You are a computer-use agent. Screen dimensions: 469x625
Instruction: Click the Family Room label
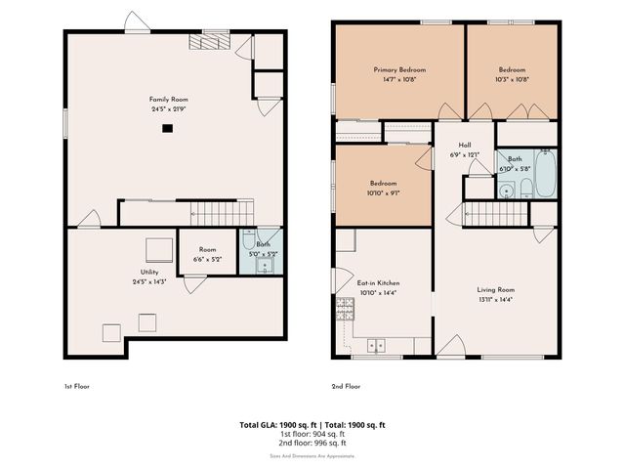coord(168,100)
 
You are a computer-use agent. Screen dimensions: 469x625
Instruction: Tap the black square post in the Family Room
coord(168,127)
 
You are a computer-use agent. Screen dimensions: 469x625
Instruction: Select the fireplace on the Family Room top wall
coord(211,40)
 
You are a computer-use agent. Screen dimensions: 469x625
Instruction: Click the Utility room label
coord(149,272)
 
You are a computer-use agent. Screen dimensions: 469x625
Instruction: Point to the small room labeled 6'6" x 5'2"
coord(201,253)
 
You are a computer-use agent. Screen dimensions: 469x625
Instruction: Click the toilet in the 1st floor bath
coord(249,239)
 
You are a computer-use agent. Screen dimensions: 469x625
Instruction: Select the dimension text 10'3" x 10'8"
coord(513,80)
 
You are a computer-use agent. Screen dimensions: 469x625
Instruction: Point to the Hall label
coord(465,145)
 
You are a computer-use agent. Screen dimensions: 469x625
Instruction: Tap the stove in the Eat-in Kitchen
coord(345,310)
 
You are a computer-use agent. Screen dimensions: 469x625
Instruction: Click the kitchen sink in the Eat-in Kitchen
coord(377,344)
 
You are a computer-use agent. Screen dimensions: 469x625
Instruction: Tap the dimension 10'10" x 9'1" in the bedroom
coord(383,193)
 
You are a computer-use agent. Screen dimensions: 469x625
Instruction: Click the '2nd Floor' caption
coord(346,386)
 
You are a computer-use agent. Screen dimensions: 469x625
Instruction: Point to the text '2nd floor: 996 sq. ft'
coord(312,445)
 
